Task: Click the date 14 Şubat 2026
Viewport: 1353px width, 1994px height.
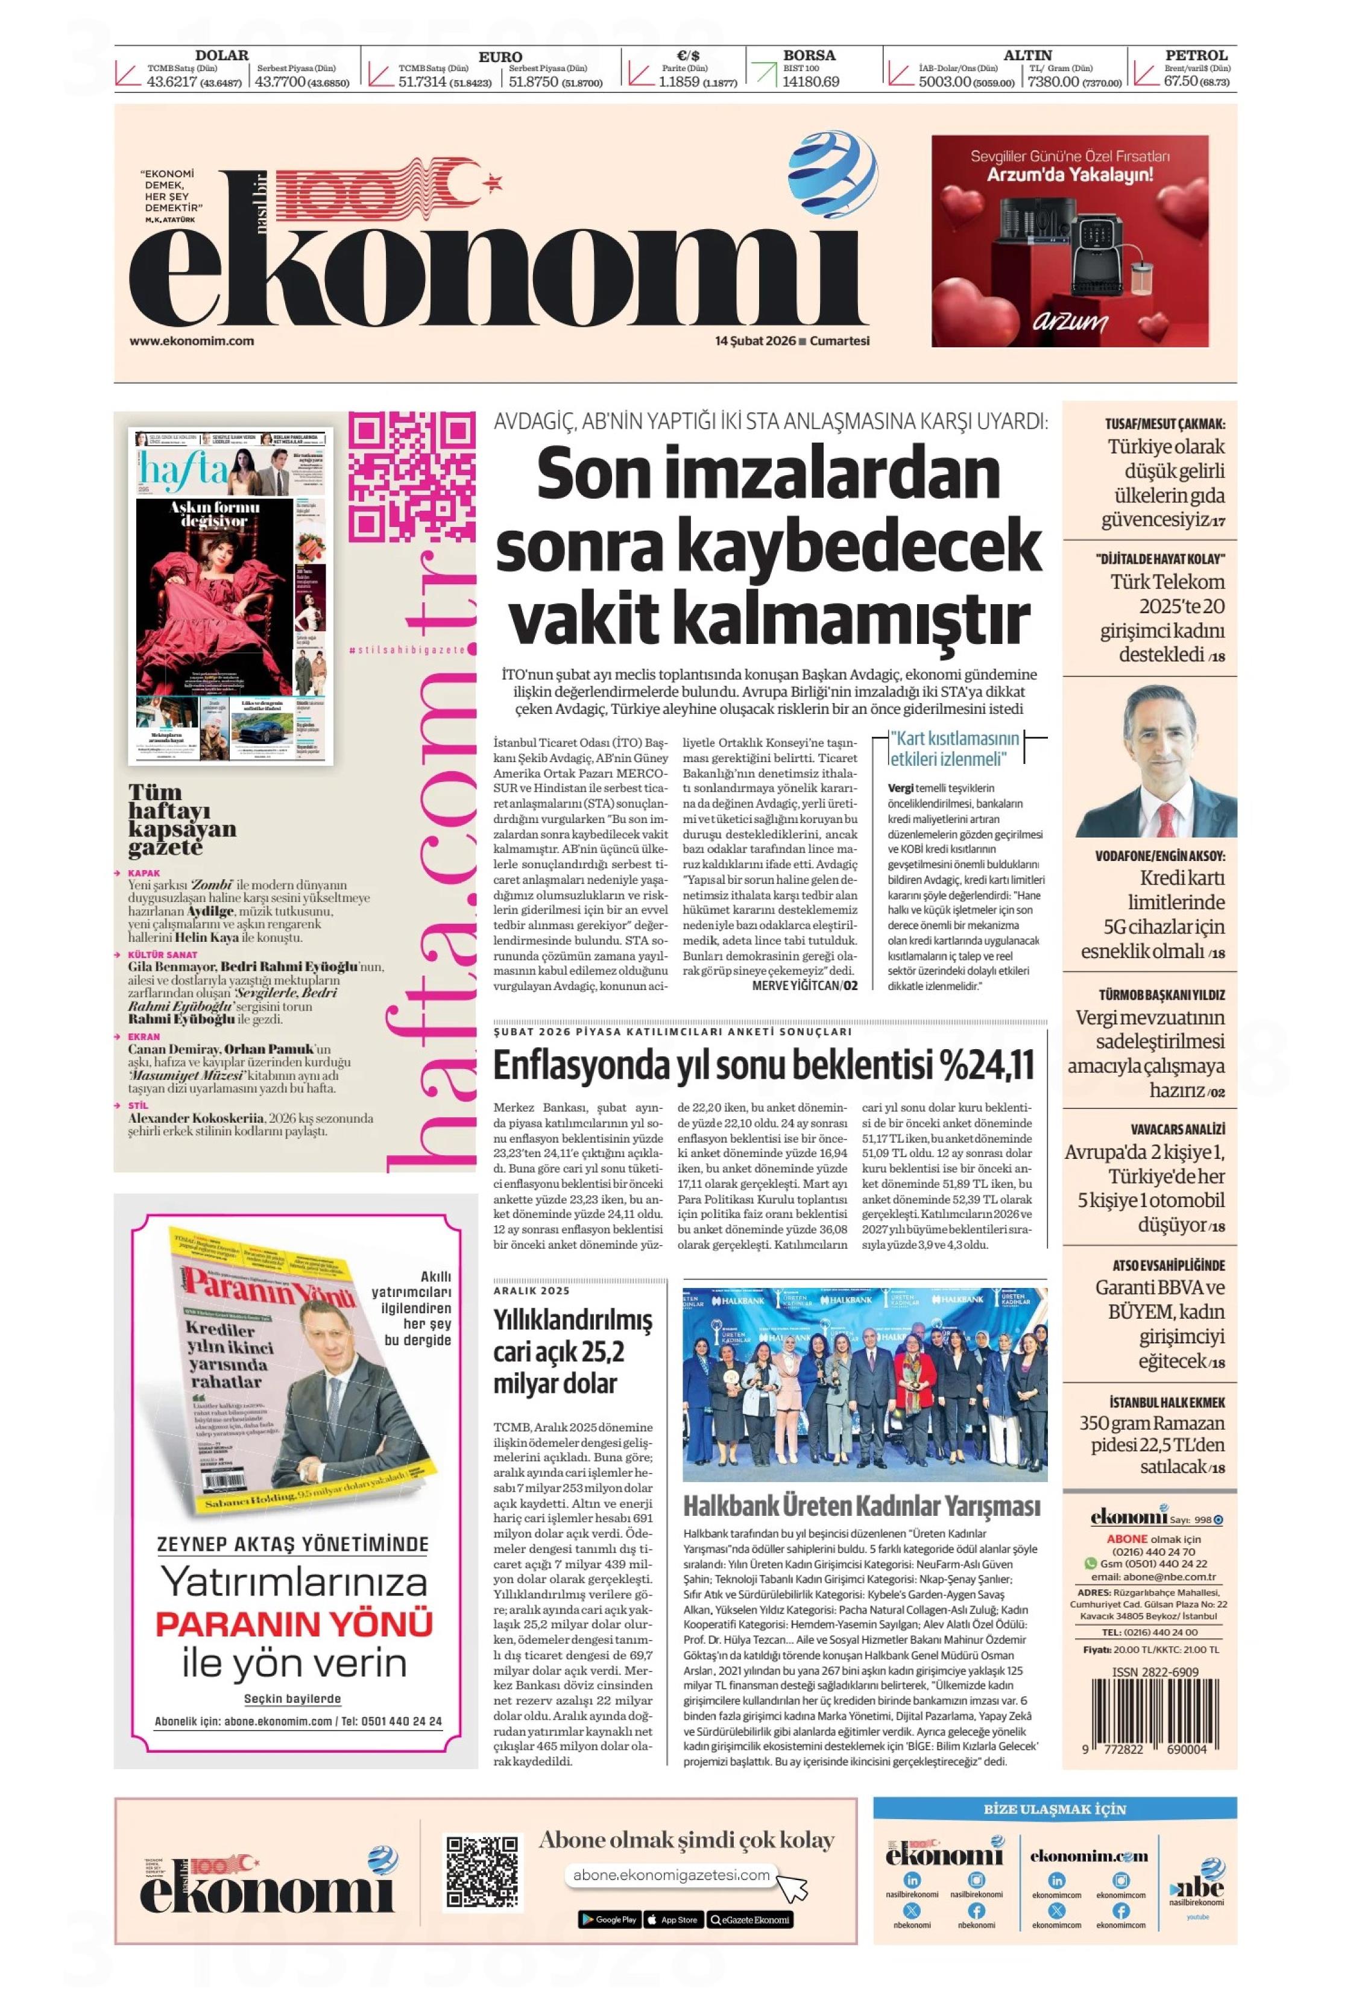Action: (754, 341)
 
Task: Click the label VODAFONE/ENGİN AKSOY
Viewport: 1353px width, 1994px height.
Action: (1159, 856)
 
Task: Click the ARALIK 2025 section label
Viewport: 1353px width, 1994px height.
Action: (531, 1290)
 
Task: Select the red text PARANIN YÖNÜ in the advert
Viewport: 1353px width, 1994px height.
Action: (294, 1624)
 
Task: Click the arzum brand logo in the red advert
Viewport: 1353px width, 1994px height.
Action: (1069, 323)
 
